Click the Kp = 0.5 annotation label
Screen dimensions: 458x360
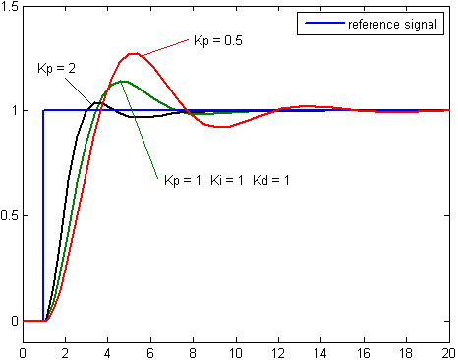[x=218, y=41]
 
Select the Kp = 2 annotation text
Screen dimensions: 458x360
[x=56, y=69]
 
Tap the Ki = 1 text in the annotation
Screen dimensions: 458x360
[x=227, y=180]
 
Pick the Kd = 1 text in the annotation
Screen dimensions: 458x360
[x=271, y=180]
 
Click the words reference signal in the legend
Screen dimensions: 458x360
[x=392, y=25]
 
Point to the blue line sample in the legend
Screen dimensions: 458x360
[x=324, y=23]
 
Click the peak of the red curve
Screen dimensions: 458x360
[x=134, y=54]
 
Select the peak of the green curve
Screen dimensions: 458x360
[x=121, y=81]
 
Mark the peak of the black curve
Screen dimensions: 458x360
[x=97, y=103]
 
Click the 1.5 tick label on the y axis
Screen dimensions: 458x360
[x=10, y=6]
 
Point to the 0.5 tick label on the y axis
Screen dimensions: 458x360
[x=10, y=216]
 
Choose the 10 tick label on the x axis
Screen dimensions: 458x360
[x=236, y=353]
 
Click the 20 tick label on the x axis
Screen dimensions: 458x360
[x=448, y=353]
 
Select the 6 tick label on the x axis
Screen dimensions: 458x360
[x=150, y=353]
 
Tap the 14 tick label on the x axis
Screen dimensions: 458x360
[x=320, y=353]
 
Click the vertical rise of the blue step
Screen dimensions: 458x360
[x=43, y=215]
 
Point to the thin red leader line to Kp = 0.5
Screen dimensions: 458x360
[x=165, y=47]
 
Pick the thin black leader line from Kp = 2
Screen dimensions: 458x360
[x=79, y=90]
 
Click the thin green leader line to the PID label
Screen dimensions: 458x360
[x=139, y=130]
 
